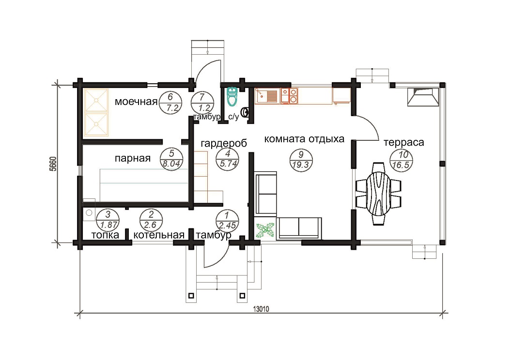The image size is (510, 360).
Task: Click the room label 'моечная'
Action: click(136, 102)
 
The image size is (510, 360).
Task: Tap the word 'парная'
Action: click(133, 159)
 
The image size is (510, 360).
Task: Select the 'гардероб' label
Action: click(224, 143)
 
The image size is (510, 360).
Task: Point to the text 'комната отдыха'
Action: click(304, 139)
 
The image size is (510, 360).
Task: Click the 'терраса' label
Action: click(404, 143)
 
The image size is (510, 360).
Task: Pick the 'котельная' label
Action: click(159, 235)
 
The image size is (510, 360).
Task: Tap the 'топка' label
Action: click(105, 235)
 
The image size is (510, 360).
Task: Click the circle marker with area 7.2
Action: click(170, 103)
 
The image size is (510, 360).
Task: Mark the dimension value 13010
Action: click(261, 309)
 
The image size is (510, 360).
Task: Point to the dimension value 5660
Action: click(53, 164)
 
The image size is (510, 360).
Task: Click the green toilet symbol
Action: click(232, 96)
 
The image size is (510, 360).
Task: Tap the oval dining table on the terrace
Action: click(378, 194)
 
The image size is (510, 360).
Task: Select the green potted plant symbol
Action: click(266, 230)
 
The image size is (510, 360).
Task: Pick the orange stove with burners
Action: click(289, 96)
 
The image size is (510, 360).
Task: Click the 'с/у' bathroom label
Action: click(233, 117)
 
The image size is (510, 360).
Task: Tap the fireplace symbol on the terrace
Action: click(423, 97)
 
